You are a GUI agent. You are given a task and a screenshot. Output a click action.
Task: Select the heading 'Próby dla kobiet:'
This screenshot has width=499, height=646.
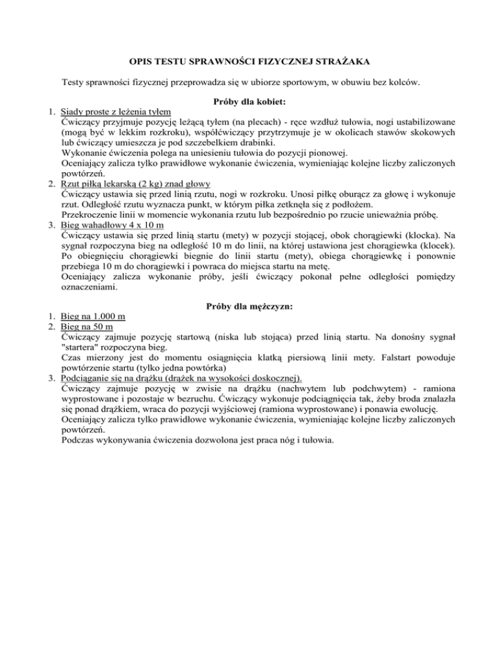[x=249, y=102]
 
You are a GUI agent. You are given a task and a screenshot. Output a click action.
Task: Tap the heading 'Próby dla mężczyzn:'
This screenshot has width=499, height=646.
[x=249, y=306]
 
